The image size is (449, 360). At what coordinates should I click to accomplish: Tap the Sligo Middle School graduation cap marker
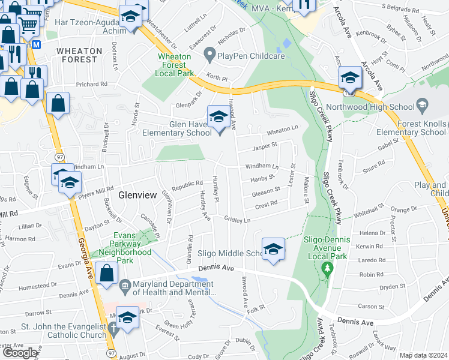[273, 249]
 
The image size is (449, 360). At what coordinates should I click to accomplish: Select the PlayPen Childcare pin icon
[209, 56]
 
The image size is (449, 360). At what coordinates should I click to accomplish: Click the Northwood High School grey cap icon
[422, 107]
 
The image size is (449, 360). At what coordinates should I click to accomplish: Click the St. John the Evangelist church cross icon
[114, 329]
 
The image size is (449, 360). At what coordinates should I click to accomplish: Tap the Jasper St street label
[264, 145]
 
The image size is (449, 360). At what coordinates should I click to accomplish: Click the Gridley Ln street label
[238, 220]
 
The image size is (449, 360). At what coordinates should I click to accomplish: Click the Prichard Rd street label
[91, 85]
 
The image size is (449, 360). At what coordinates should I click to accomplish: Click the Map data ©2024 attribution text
[423, 355]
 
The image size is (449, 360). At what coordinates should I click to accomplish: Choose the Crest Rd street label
[266, 203]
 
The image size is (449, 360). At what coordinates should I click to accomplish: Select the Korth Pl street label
[217, 78]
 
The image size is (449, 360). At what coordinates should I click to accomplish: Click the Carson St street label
[367, 306]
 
